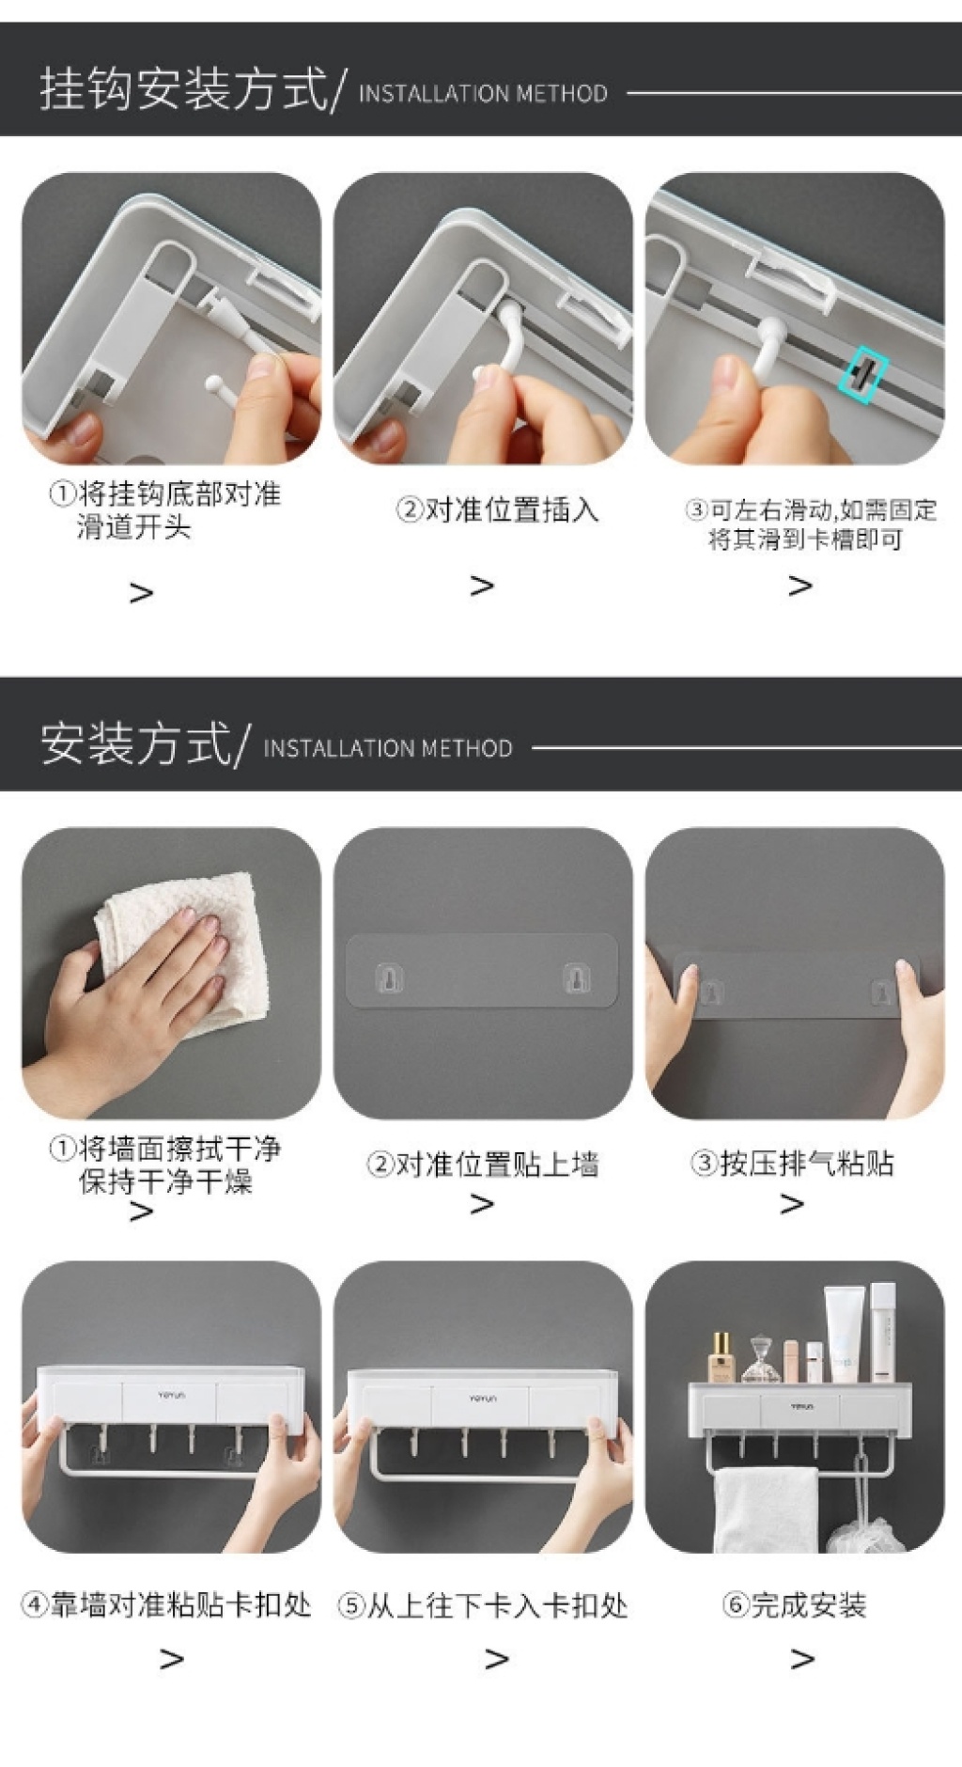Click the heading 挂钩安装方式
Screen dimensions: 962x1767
[x=183, y=90]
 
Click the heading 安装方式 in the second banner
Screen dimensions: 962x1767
[x=135, y=743]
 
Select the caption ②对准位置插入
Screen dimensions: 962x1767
[x=497, y=510]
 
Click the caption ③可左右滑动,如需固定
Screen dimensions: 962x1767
[x=811, y=509]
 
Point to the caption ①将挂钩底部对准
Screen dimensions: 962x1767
[x=165, y=493]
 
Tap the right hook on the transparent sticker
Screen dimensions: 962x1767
[x=577, y=978]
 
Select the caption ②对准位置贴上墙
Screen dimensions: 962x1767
[x=483, y=1165]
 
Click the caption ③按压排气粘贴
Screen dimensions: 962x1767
[x=792, y=1164]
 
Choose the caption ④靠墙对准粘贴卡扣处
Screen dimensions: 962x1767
[x=166, y=1604]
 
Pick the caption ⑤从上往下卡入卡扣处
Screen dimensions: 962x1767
[x=483, y=1605]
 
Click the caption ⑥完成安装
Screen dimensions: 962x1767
[x=794, y=1604]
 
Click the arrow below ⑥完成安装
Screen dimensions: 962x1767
[x=802, y=1659]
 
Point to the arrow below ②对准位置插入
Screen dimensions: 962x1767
[x=482, y=586]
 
